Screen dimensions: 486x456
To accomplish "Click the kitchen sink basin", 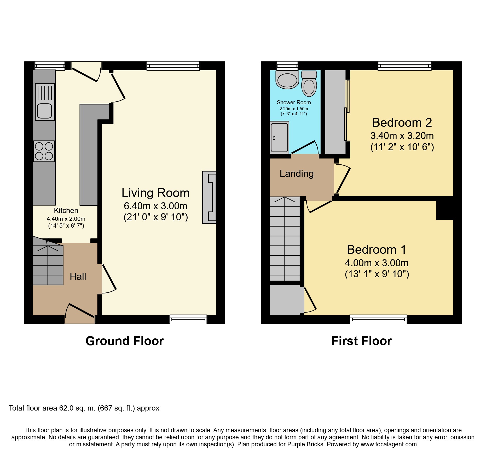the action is click(x=45, y=111).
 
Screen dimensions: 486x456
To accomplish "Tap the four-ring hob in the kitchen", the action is click(x=44, y=151).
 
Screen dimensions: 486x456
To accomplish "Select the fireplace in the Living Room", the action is click(x=209, y=197).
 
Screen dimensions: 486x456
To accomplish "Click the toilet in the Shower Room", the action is click(x=309, y=83).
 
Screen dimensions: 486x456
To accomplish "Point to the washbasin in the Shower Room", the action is click(x=287, y=79).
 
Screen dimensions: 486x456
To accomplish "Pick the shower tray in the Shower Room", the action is click(x=279, y=137).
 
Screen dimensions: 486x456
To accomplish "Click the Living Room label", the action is click(x=155, y=193).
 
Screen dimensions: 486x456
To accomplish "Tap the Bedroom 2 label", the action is click(x=402, y=122).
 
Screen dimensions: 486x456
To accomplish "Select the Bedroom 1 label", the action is click(x=377, y=249).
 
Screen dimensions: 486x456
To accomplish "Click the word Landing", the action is click(x=297, y=174).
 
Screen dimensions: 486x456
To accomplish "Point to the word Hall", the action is click(x=78, y=276).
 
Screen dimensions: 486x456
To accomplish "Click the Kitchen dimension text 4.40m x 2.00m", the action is click(x=66, y=219).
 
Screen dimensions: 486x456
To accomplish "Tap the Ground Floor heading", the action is click(x=125, y=341).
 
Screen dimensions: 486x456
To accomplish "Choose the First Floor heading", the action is click(x=362, y=341).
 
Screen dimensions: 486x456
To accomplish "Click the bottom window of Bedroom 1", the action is click(x=378, y=319).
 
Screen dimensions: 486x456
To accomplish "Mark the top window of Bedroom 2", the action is click(x=404, y=66).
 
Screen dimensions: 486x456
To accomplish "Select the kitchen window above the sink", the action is click(x=50, y=66).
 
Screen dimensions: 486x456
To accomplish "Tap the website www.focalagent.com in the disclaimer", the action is click(x=389, y=444).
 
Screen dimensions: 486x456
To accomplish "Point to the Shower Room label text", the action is click(x=294, y=102).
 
